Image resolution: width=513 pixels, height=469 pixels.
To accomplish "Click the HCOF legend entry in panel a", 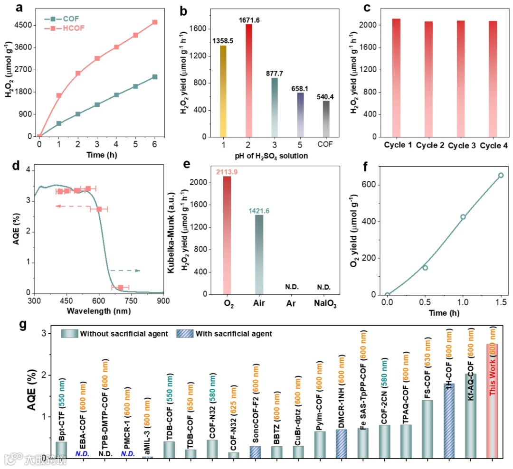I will (64, 28).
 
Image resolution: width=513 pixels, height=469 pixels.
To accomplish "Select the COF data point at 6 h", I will (155, 77).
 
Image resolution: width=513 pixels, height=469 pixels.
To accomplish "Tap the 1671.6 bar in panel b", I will (248, 81).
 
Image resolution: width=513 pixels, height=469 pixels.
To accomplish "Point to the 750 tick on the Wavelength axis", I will (131, 300).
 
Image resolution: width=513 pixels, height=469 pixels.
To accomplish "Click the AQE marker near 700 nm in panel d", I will (120, 287).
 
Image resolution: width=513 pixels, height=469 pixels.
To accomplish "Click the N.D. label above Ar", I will (292, 287).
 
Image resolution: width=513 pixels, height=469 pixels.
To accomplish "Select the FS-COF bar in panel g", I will (427, 429).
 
